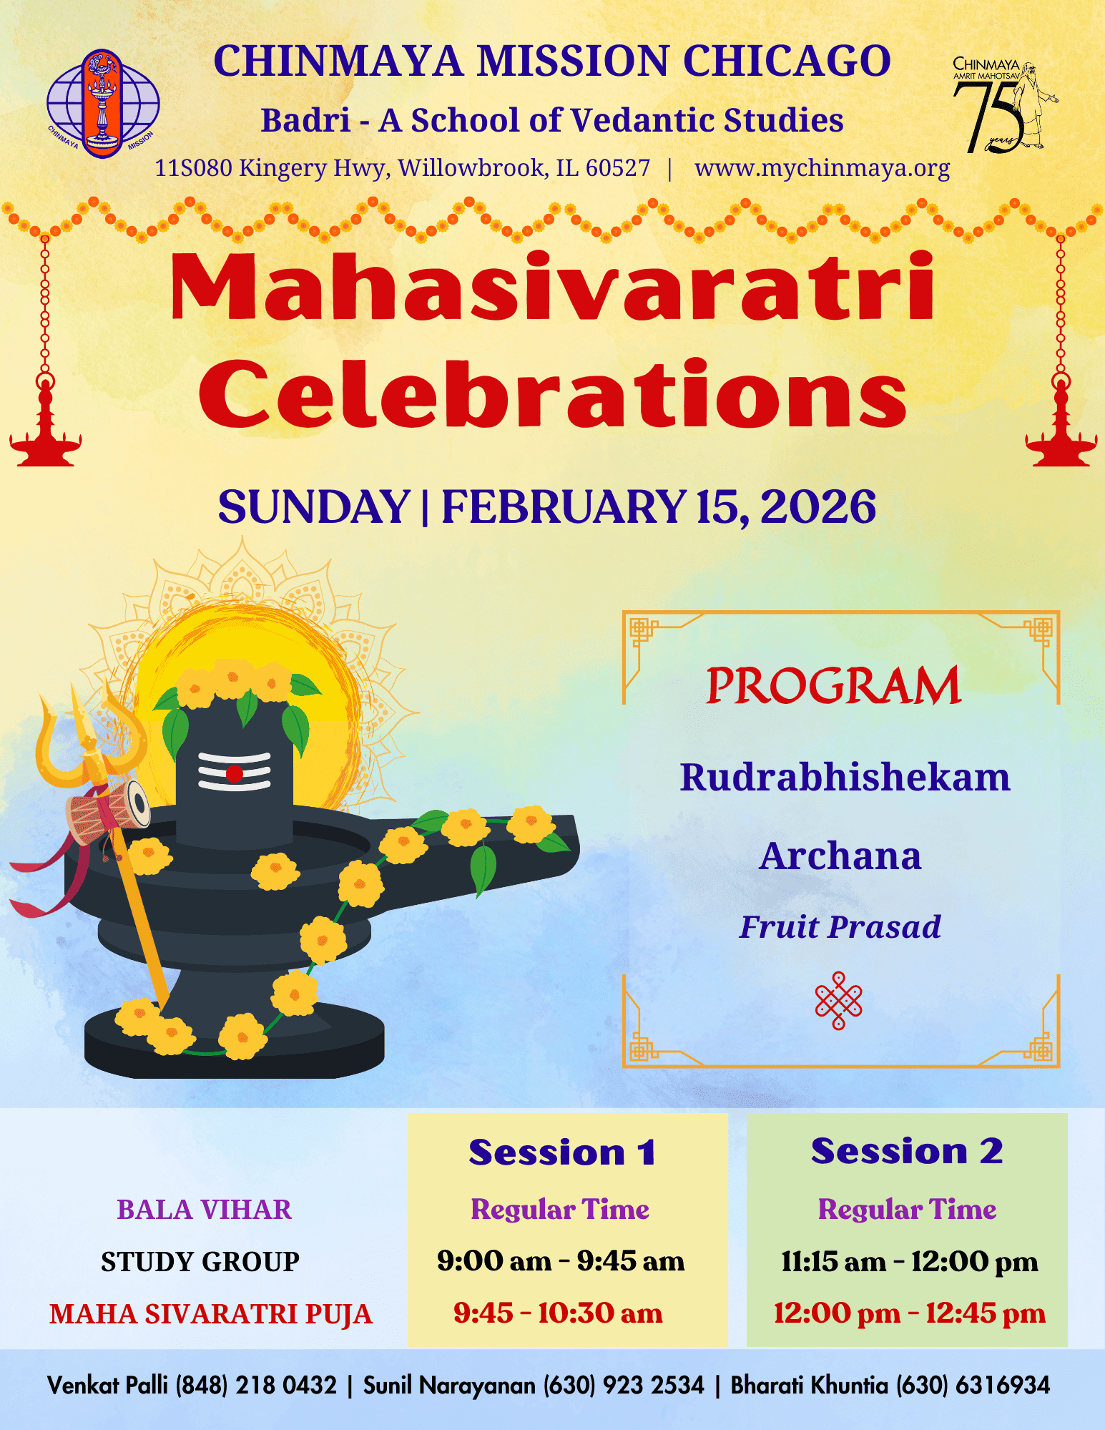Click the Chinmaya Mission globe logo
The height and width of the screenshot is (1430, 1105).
103,104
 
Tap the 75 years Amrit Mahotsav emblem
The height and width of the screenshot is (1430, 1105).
1004,106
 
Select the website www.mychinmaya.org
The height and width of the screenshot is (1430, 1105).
822,168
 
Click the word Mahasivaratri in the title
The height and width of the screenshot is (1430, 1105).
552,286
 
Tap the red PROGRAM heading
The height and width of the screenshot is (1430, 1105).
833,685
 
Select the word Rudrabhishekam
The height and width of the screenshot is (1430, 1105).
845,778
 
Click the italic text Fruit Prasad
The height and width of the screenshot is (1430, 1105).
840,927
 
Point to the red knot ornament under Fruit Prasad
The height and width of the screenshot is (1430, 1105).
839,1000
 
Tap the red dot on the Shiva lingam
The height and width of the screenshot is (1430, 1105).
235,774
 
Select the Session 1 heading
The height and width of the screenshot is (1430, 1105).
562,1152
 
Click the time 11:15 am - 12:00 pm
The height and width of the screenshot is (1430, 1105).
909,1261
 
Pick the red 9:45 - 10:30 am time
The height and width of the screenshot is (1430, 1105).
558,1313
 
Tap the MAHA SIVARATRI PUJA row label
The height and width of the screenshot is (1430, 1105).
211,1314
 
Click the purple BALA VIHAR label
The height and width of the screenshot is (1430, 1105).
204,1210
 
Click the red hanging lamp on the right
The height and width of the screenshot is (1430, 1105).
1061,422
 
